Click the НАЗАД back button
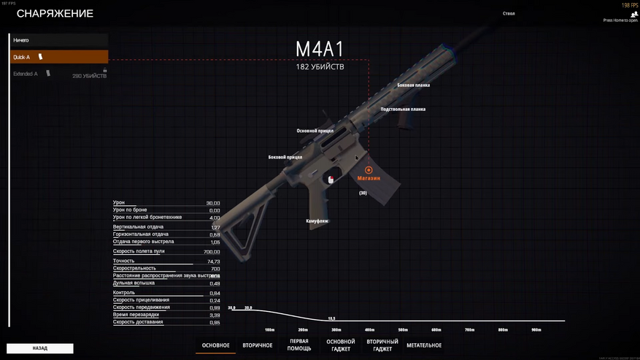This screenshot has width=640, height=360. tap(40, 348)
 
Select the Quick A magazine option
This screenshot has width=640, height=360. tap(58, 57)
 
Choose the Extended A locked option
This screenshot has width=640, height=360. tap(58, 74)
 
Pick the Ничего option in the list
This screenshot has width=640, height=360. tap(58, 39)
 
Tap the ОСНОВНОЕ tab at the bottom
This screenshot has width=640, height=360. tap(216, 345)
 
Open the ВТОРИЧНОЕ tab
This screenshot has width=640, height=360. tap(258, 345)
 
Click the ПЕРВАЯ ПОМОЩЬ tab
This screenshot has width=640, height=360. tap(299, 345)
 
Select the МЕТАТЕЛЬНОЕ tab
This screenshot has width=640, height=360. tap(424, 345)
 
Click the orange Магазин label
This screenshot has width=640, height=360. tap(369, 177)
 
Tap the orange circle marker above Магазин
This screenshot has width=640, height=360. tap(369, 169)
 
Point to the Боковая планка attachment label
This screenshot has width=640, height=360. tap(413, 85)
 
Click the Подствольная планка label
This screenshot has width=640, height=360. tap(403, 110)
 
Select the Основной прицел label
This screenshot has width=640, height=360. tap(315, 131)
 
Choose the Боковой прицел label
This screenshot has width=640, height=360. tap(285, 157)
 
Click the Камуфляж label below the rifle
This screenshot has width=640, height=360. tap(317, 221)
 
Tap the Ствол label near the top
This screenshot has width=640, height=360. tap(509, 14)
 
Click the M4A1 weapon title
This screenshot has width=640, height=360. tap(320, 49)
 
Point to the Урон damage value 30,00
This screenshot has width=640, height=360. tap(212, 203)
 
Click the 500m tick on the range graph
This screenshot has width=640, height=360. tap(404, 329)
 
